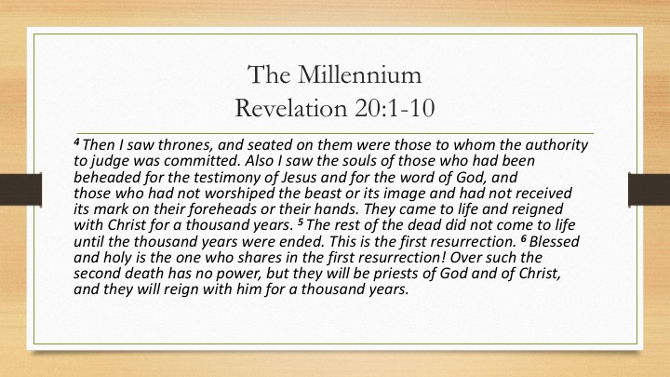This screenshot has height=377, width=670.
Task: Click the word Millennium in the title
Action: (359, 74)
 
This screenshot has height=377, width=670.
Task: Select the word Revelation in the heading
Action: (290, 108)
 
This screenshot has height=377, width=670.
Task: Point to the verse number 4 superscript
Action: (77, 141)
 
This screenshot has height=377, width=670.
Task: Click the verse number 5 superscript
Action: (301, 221)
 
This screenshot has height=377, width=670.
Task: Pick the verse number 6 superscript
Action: (524, 237)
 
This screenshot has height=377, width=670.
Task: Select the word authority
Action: (556, 145)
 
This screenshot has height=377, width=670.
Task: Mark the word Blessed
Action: (555, 241)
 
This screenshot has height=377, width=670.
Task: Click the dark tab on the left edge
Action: (20, 189)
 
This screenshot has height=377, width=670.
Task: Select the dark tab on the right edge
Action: (649, 189)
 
